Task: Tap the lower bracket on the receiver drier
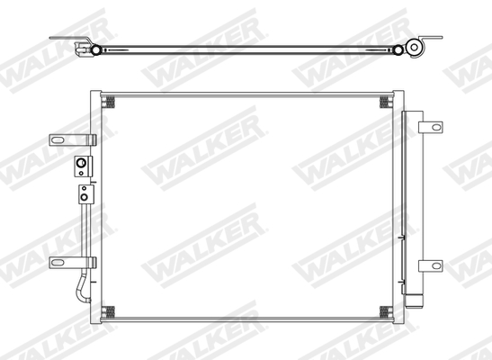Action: [x=433, y=265]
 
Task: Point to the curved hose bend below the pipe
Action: [x=83, y=286]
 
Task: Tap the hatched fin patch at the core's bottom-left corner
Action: [x=111, y=312]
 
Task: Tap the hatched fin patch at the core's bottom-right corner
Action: [x=386, y=312]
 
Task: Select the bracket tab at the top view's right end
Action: [x=435, y=40]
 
